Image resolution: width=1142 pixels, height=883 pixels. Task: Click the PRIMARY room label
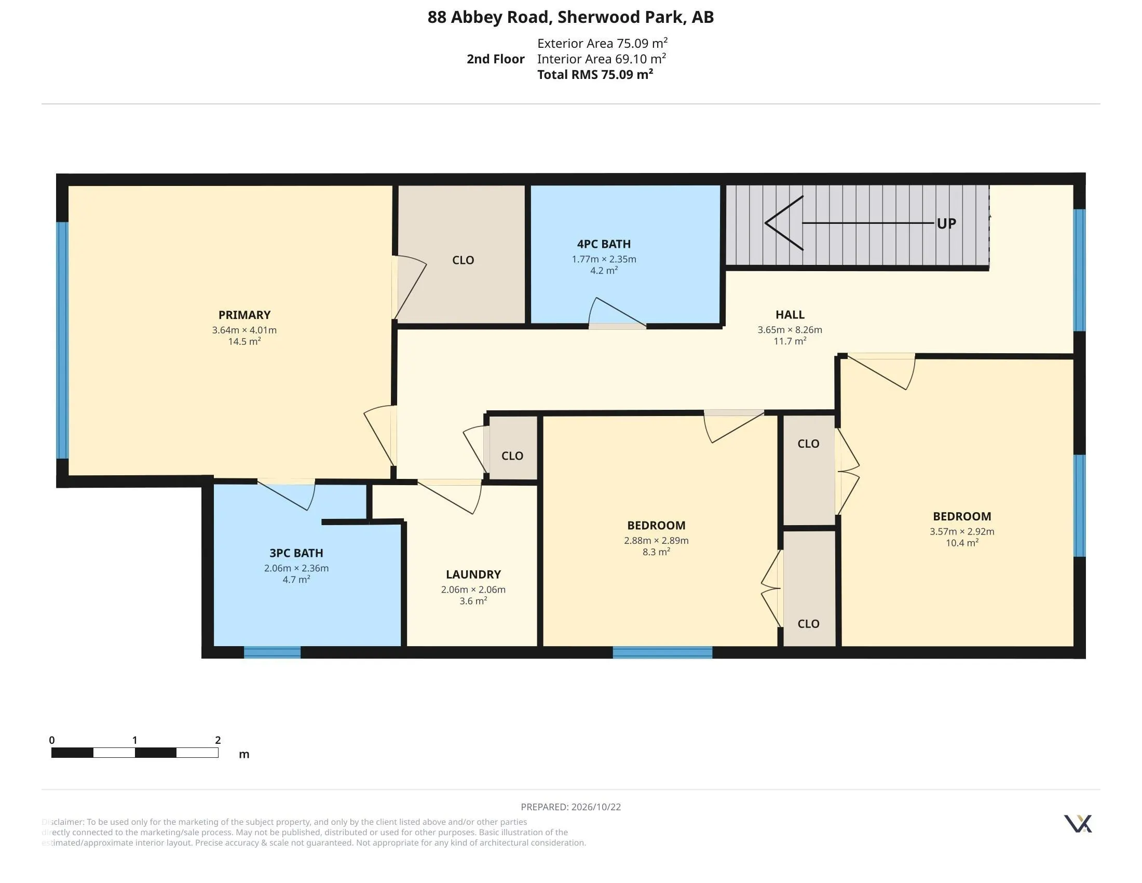[244, 315]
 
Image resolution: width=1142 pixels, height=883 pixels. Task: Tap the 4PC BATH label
[603, 244]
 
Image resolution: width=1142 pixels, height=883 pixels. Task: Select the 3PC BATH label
[296, 553]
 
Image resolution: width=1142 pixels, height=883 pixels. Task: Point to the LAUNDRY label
[473, 574]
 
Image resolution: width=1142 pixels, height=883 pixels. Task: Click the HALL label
[790, 314]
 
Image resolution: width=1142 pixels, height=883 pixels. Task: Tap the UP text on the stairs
[946, 223]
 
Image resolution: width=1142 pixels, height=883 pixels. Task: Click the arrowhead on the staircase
[784, 223]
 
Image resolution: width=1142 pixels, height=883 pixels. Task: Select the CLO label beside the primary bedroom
[463, 260]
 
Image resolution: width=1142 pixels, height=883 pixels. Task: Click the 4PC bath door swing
[617, 313]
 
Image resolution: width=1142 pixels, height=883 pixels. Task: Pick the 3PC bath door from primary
[286, 494]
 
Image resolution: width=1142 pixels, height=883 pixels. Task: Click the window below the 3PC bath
[272, 652]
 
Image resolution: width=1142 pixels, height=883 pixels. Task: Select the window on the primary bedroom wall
[62, 341]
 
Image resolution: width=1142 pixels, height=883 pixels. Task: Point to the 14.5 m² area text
[244, 342]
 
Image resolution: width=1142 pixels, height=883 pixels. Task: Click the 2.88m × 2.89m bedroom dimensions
[656, 540]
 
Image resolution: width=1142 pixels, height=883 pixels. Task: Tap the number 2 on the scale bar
[218, 740]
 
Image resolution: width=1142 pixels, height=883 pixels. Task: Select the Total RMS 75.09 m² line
[595, 74]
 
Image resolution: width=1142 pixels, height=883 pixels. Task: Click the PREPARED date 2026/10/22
[595, 807]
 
